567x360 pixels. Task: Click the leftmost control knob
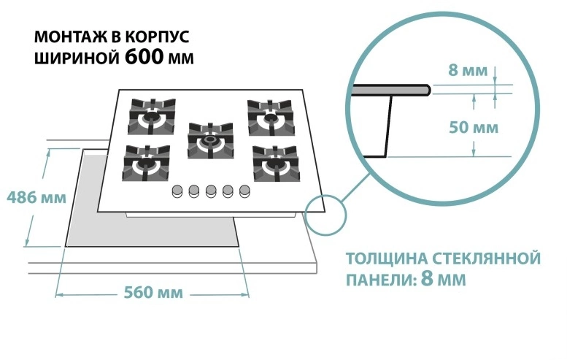click(177, 191)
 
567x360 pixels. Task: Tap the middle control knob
click(211, 191)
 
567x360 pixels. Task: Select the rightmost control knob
click(245, 191)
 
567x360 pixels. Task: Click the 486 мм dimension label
click(31, 197)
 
